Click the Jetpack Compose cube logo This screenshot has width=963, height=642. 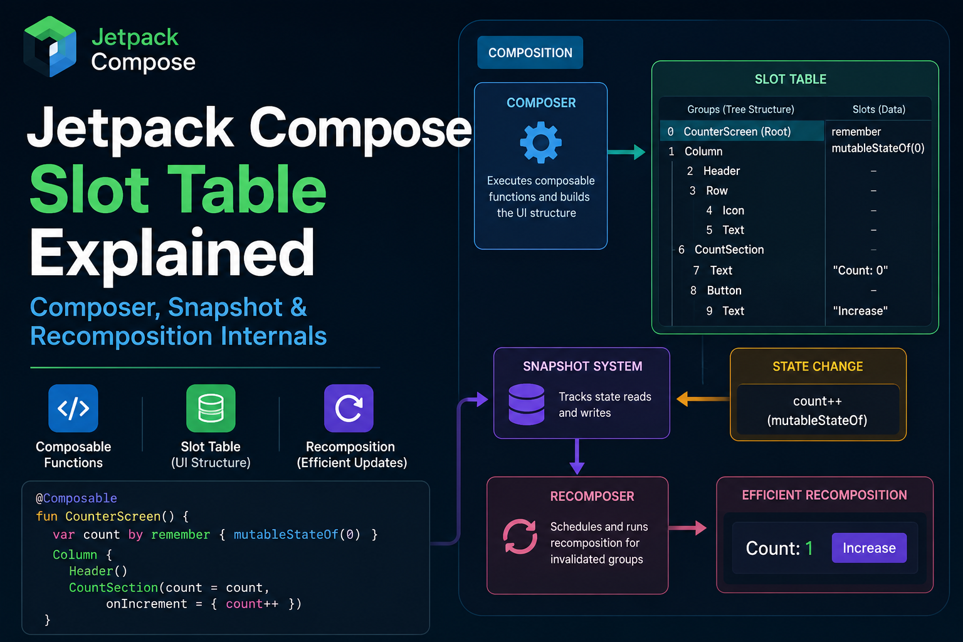point(50,46)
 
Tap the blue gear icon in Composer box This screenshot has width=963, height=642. point(540,142)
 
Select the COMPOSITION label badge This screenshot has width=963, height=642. point(530,53)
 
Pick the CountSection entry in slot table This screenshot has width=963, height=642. point(729,250)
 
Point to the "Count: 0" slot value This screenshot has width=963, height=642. point(860,270)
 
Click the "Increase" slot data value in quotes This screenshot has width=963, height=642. point(860,310)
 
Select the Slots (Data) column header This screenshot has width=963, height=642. point(879,109)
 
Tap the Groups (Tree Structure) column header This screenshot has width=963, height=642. point(740,109)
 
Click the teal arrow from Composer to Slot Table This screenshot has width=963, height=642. point(626,152)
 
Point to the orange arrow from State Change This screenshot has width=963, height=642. point(703,399)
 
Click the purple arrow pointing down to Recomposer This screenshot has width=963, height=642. point(577,456)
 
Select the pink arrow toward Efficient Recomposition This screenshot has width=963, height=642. point(687,528)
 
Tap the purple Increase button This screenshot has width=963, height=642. point(870,548)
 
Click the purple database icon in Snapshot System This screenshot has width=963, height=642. point(527,404)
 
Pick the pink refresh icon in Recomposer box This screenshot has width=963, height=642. point(520,536)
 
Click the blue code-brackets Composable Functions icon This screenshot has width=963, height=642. point(73,408)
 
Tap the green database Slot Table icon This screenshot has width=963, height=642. point(211,408)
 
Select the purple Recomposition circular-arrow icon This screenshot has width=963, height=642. point(349,408)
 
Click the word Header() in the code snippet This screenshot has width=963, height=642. point(98,571)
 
